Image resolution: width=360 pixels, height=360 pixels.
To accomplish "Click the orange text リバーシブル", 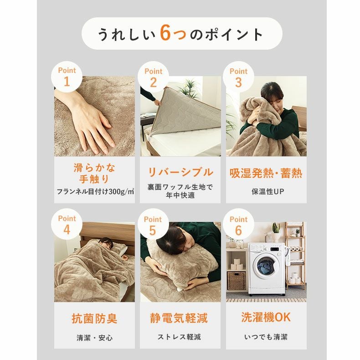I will (180, 172).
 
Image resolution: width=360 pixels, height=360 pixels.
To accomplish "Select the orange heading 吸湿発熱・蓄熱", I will (266, 174).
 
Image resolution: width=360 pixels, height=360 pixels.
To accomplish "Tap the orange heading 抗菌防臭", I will (94, 319).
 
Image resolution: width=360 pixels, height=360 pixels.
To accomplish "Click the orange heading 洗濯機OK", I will (266, 318).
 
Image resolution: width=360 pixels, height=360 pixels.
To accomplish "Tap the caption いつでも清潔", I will (266, 337).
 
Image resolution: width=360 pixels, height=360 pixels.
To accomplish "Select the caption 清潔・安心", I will (94, 338).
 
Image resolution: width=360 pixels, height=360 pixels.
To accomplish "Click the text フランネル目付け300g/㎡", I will (95, 191).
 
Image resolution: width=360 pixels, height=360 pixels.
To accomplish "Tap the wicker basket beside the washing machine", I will (236, 280).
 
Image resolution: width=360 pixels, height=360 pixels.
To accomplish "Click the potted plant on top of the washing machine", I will (276, 232).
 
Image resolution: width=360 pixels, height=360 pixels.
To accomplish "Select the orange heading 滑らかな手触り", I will (94, 173).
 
